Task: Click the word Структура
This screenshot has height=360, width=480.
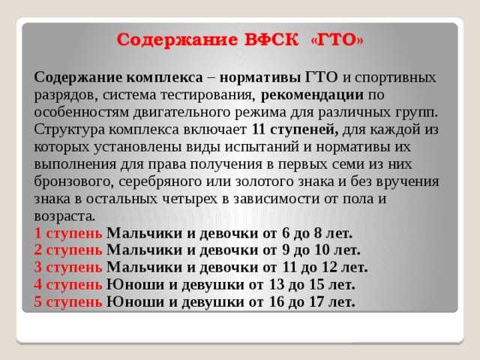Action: pyautogui.click(x=68, y=129)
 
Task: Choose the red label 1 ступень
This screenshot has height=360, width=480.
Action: pyautogui.click(x=67, y=232)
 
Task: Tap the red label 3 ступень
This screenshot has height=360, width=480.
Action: pyautogui.click(x=67, y=267)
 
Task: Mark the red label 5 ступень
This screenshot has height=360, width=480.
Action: pyautogui.click(x=67, y=301)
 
